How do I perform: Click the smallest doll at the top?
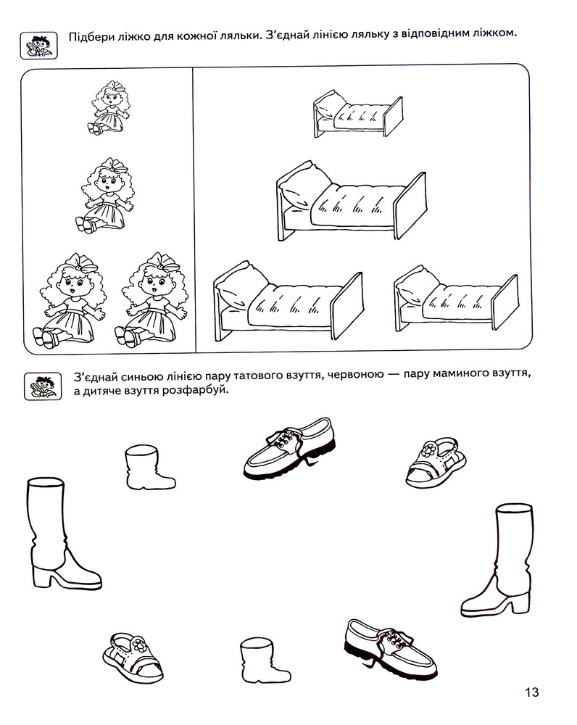point(109,108)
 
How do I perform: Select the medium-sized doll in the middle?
point(107,195)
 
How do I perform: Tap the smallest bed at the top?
point(358,114)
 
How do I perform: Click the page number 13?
point(531,692)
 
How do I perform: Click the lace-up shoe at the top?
point(289,448)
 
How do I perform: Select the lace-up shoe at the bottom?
point(391,650)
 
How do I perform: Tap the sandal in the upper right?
point(436,463)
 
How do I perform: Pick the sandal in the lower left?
point(133,658)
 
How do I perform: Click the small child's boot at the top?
point(149,467)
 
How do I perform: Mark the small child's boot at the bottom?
point(265,660)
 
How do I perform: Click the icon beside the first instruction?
point(39,45)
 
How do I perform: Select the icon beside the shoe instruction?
point(43,386)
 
